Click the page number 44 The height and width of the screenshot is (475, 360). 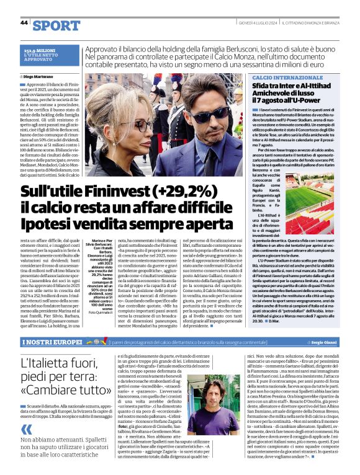pos(24,22)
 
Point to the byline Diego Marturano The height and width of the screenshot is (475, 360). pos(40,76)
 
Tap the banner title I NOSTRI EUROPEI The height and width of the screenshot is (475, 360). pos(52,342)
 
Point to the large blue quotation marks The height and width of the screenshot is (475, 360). pos(26,414)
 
